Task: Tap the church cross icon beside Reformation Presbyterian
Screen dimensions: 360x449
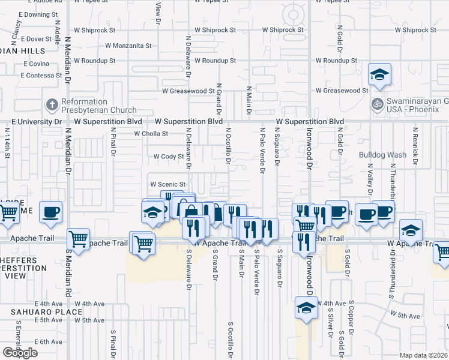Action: click(52, 106)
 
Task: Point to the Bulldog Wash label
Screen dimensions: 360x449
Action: click(382, 155)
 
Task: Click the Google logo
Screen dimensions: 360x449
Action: click(20, 353)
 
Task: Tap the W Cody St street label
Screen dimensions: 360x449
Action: click(168, 156)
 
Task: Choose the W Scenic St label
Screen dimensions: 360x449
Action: click(168, 184)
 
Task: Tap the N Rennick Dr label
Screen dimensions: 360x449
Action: click(415, 142)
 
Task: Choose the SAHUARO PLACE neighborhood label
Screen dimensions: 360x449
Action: click(46, 312)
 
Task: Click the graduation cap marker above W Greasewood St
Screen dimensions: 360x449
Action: click(379, 75)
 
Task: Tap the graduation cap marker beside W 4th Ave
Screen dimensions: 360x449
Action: click(306, 308)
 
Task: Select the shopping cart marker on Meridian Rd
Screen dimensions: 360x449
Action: click(79, 239)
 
